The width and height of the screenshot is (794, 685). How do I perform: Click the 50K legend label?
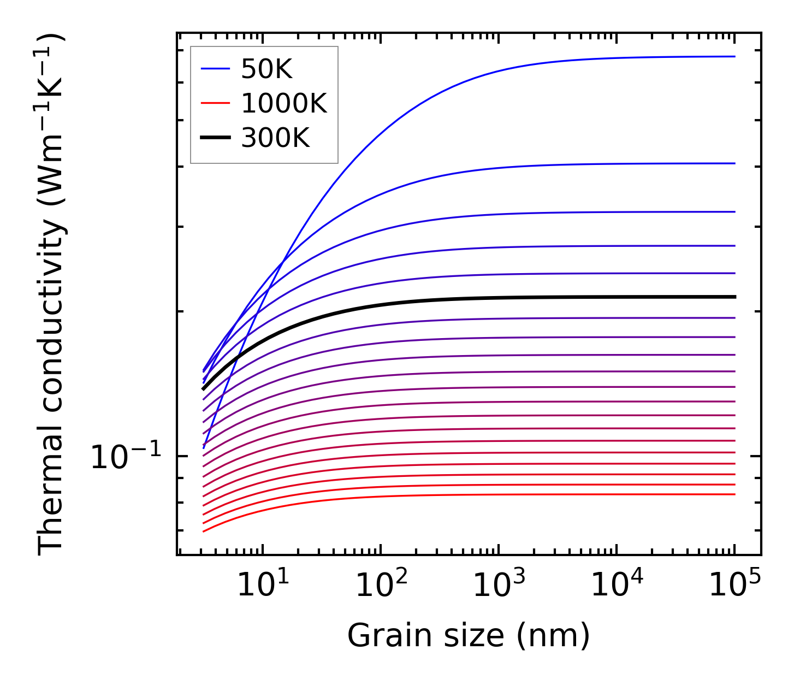tap(266, 69)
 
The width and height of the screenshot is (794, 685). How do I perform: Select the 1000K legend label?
tap(283, 103)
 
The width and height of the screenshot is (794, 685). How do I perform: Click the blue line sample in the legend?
tap(215, 69)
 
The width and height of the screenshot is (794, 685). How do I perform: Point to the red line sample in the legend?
tap(215, 103)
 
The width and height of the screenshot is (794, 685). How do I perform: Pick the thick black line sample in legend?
tap(215, 138)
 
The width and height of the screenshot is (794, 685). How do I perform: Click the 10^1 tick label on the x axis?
tap(263, 585)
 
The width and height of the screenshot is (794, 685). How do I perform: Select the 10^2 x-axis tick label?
tap(381, 585)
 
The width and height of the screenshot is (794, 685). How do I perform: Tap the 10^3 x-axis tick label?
tap(499, 585)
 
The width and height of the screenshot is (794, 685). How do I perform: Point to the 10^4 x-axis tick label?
tap(617, 585)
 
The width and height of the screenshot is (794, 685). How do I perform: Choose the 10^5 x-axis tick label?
tap(735, 585)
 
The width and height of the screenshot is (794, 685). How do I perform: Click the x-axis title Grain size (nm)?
tap(469, 636)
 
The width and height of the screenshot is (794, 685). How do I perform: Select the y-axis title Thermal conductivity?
tap(52, 295)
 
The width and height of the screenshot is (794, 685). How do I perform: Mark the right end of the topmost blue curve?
tap(734, 56)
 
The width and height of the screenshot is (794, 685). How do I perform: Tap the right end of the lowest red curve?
tap(734, 494)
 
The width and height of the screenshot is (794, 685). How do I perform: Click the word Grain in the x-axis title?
tap(376, 636)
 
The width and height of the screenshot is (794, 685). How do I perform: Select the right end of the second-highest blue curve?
tap(734, 163)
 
